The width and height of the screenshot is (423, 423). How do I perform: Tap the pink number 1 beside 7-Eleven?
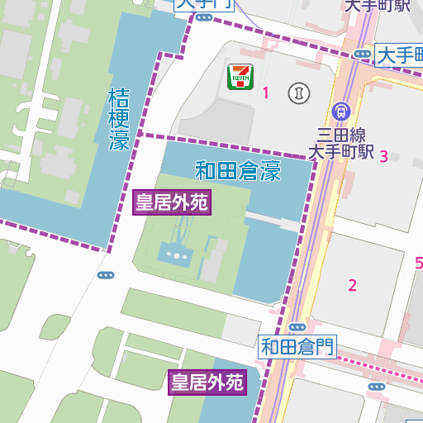pos(266,93)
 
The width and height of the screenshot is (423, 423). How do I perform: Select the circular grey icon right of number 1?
pos(297,93)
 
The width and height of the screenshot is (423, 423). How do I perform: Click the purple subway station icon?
pos(340,111)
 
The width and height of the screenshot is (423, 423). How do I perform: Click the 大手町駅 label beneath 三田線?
pos(341,153)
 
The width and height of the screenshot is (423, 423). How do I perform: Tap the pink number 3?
pos(383,157)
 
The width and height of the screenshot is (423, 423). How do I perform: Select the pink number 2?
pos(353,286)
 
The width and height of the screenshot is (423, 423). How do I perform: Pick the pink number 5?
pos(418,264)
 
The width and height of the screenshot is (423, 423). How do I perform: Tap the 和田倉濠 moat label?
pos(238,172)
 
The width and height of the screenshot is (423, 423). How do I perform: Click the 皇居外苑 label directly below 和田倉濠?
pos(172,202)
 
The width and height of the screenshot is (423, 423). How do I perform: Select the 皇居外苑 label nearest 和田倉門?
pos(207,382)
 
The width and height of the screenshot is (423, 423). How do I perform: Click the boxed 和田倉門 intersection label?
pos(297,346)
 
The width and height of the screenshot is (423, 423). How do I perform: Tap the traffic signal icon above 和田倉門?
pos(297,328)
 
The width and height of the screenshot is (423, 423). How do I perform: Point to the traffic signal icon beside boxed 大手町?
pos(362,55)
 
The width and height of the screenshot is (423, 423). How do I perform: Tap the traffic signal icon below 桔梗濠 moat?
pos(105,275)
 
